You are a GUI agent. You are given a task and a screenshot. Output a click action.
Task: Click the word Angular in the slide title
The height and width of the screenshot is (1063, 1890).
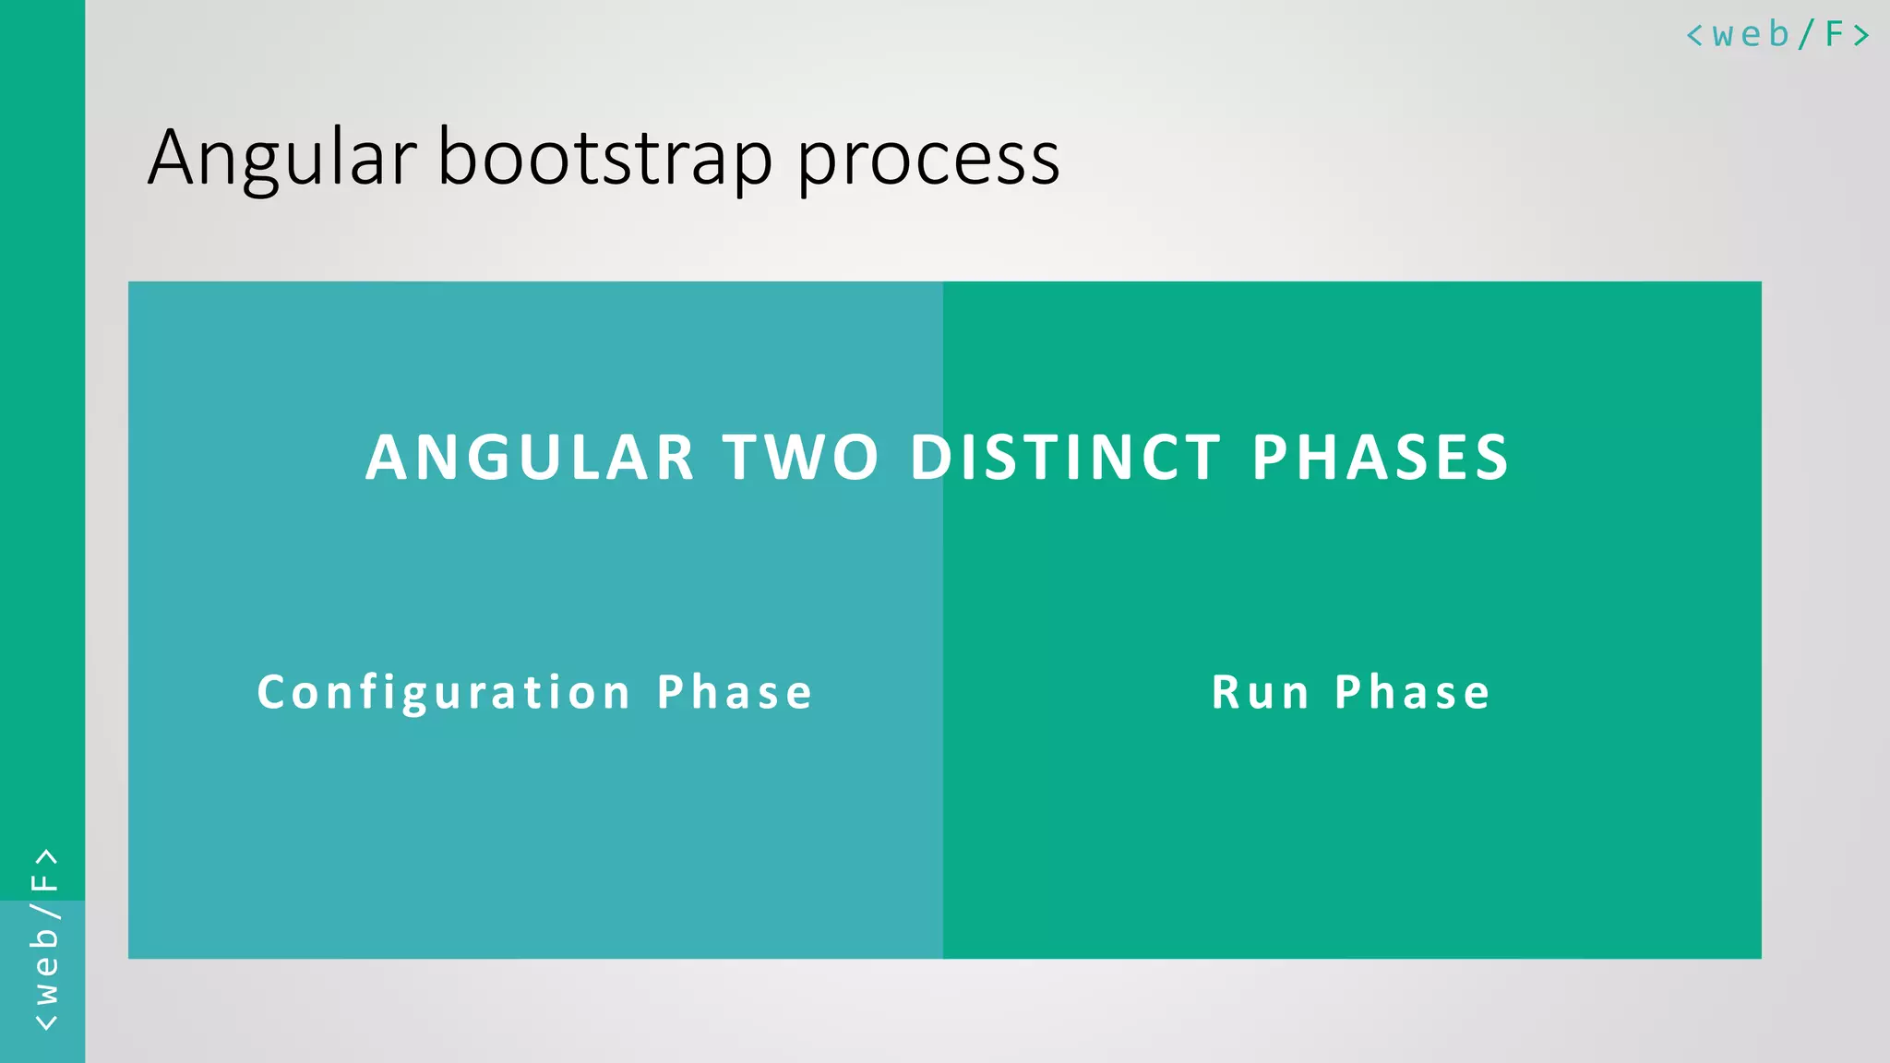pyautogui.click(x=281, y=159)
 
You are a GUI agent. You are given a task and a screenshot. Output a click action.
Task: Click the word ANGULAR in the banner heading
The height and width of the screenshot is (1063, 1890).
pyautogui.click(x=530, y=458)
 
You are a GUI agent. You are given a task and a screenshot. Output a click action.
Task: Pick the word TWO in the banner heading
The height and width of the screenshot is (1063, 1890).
pyautogui.click(x=801, y=458)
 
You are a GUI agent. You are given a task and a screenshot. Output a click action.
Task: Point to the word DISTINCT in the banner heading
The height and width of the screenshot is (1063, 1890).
pyautogui.click(x=1066, y=458)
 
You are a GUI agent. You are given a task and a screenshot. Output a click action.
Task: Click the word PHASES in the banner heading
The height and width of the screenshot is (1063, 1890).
pyautogui.click(x=1381, y=458)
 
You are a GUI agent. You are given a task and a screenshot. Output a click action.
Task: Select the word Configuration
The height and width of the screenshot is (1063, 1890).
pyautogui.click(x=444, y=693)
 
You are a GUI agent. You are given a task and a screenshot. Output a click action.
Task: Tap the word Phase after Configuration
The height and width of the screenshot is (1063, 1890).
pyautogui.click(x=735, y=692)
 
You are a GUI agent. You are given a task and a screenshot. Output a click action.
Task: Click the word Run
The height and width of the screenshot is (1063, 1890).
pyautogui.click(x=1260, y=692)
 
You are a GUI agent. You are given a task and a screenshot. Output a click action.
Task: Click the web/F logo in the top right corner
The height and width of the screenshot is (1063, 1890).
pyautogui.click(x=1777, y=35)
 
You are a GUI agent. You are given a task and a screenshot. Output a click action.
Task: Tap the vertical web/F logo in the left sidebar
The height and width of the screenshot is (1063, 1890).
pyautogui.click(x=44, y=939)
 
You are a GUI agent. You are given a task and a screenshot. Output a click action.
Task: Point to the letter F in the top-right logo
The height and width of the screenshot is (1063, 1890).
pyautogui.click(x=1835, y=34)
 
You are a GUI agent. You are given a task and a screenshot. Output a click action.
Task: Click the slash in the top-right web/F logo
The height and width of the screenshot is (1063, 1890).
pyautogui.click(x=1806, y=35)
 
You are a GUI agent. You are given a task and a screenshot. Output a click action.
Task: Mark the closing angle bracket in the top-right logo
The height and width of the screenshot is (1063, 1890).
pyautogui.click(x=1861, y=35)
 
